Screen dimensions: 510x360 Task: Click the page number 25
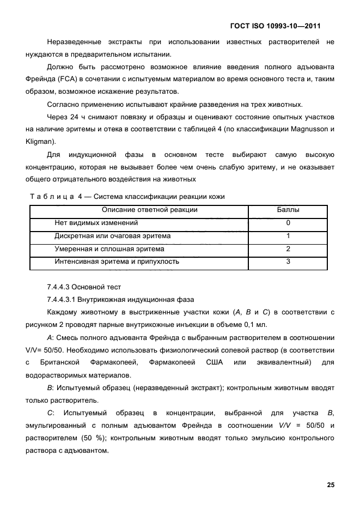330,485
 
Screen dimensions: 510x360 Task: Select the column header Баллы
288,210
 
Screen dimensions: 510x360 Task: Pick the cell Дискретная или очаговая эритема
113,236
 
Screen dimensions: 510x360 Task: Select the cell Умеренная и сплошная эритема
109,249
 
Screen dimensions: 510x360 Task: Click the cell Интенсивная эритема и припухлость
117,262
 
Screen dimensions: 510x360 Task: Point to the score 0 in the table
288,223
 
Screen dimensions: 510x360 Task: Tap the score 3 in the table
288,262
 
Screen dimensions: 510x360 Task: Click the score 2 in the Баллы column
288,249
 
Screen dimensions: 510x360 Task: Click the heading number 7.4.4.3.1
64,300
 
